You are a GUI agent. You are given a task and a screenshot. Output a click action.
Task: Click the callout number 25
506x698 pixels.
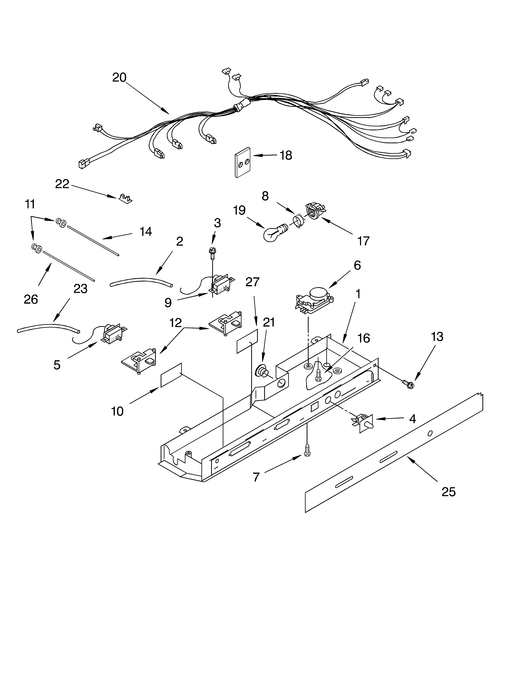click(448, 492)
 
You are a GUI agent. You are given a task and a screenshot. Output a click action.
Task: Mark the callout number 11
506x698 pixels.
click(30, 204)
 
